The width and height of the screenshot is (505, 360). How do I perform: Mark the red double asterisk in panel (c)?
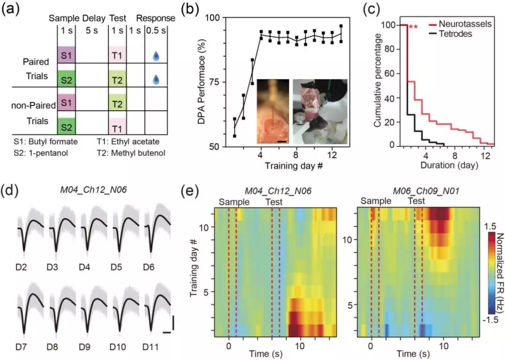(x=413, y=28)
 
